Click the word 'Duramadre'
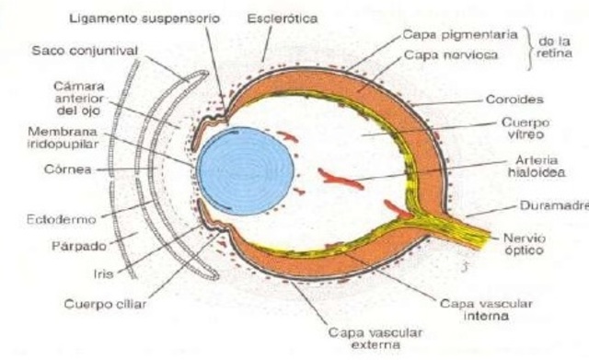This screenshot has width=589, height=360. pyautogui.click(x=555, y=206)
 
